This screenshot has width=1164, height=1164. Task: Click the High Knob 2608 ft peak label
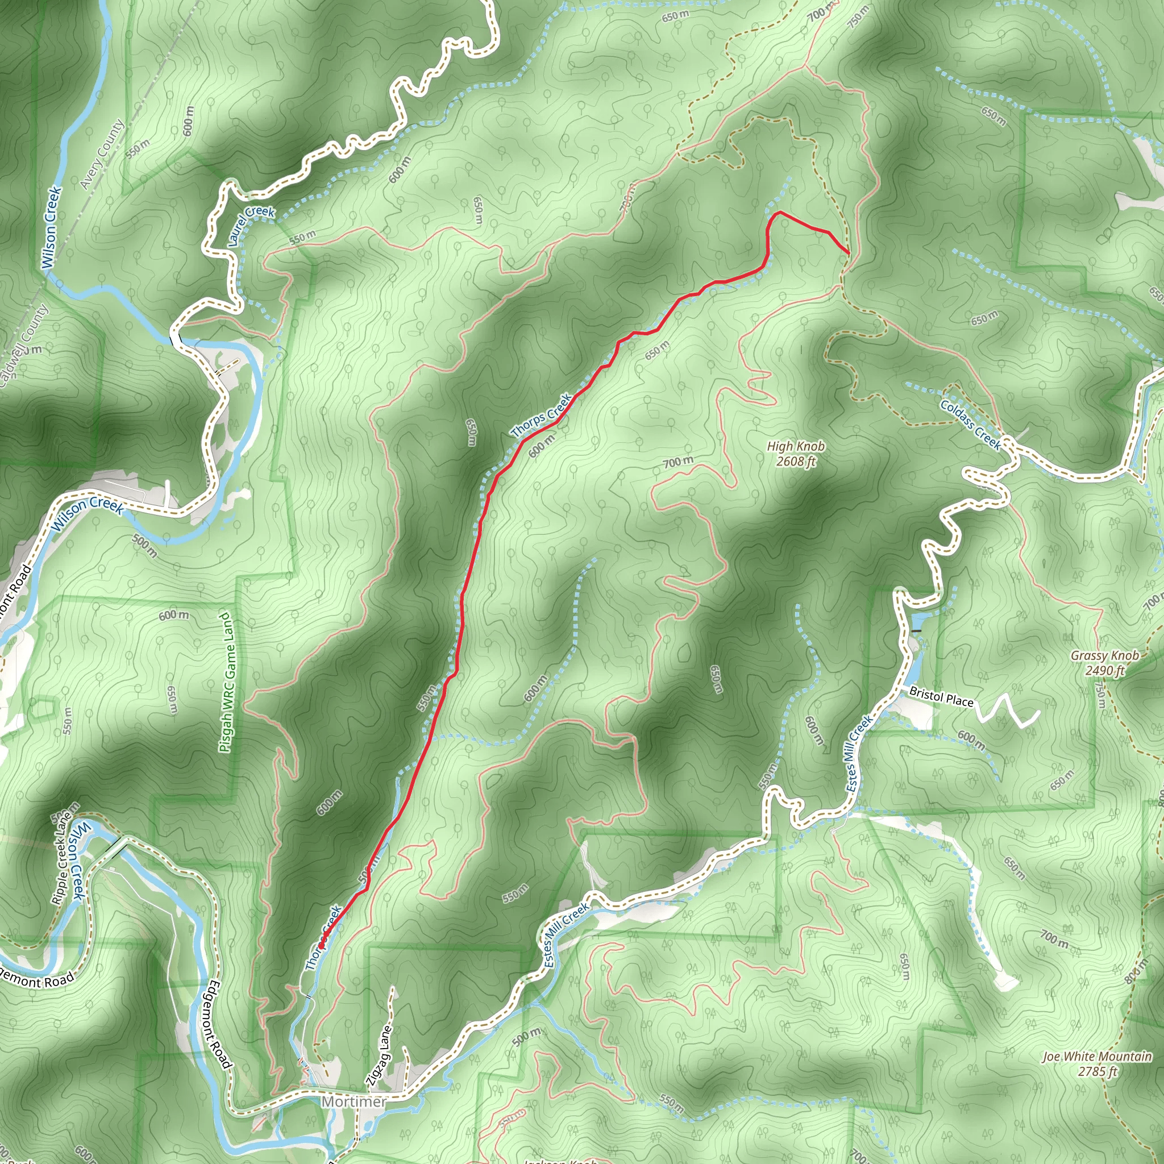pos(795,454)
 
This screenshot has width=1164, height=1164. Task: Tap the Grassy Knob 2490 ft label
pos(1104,663)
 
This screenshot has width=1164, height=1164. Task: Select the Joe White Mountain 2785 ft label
pos(1097,1063)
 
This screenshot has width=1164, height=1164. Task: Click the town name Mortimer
pos(354,1101)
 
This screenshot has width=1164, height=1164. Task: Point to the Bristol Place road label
pos(941,696)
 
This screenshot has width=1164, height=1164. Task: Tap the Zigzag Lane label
pos(380,1055)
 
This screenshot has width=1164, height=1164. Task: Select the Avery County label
pos(102,154)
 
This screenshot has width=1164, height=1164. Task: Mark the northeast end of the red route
pos(849,253)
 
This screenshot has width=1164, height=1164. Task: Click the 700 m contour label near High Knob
pos(679,462)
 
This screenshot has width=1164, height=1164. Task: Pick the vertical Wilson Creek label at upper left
pos(52,228)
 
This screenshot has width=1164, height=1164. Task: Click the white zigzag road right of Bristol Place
pos(1007,712)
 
